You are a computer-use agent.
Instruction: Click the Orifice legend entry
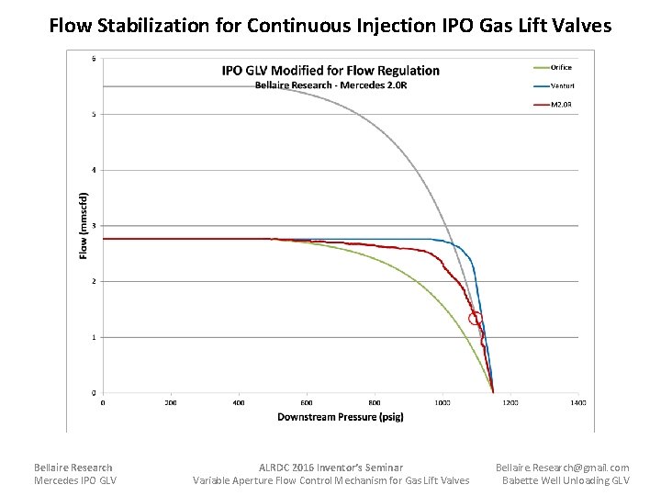560,67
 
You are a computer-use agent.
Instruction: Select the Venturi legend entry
560,85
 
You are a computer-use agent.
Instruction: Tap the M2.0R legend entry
560,105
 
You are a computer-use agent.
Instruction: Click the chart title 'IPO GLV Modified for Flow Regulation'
330,71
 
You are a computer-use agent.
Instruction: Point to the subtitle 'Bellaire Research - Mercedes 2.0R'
330,85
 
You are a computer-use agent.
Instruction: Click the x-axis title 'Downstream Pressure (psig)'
341,417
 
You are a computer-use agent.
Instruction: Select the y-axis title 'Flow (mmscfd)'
84,225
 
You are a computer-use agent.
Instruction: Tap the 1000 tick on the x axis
443,402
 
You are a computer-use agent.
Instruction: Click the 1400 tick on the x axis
578,402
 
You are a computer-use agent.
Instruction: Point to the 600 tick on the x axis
307,402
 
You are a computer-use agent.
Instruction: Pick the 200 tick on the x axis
171,402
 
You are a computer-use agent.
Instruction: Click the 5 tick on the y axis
93,115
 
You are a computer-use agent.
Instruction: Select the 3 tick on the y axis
93,226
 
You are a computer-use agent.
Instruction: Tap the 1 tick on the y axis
93,337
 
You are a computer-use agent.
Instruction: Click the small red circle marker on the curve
475,319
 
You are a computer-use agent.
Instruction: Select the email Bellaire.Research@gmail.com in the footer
563,468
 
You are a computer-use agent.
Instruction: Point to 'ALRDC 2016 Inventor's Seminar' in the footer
330,468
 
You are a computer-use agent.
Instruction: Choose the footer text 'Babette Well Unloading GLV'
566,480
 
